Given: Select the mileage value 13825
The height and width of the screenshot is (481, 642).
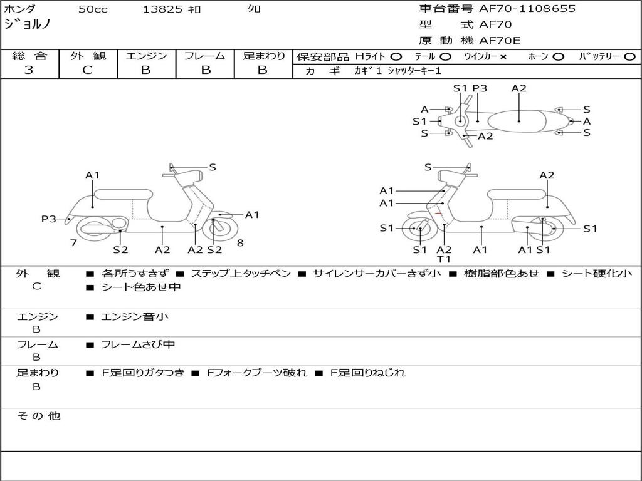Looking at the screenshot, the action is (x=162, y=9).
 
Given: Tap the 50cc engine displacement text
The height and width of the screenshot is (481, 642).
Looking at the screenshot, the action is (x=93, y=9).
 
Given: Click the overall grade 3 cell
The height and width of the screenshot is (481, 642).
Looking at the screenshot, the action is (x=29, y=70).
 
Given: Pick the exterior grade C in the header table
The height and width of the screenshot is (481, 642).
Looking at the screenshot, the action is (x=87, y=70).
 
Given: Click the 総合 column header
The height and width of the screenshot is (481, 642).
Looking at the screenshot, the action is (x=29, y=56).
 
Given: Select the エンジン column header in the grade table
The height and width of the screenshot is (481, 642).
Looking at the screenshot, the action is (x=146, y=56).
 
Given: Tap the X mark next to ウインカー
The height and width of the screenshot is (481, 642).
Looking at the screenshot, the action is (x=503, y=57).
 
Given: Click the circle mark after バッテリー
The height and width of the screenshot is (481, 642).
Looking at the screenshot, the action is (x=629, y=57).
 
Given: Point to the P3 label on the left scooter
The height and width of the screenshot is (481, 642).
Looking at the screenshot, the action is (x=49, y=219).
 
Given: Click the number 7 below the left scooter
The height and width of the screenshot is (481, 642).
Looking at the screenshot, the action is (x=73, y=242).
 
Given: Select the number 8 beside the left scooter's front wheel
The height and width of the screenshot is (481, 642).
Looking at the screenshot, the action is (x=240, y=242).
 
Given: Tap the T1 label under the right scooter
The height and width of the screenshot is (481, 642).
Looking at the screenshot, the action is (x=444, y=259).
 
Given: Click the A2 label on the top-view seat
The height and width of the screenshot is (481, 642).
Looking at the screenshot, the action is (x=518, y=88).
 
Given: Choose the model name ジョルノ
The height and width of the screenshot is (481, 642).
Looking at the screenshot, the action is (x=28, y=25).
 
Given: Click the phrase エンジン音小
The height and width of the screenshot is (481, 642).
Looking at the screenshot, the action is (x=135, y=317).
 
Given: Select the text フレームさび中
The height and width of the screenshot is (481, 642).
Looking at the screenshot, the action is (x=138, y=344).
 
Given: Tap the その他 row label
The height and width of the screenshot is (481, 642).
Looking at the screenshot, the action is (x=38, y=416).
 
